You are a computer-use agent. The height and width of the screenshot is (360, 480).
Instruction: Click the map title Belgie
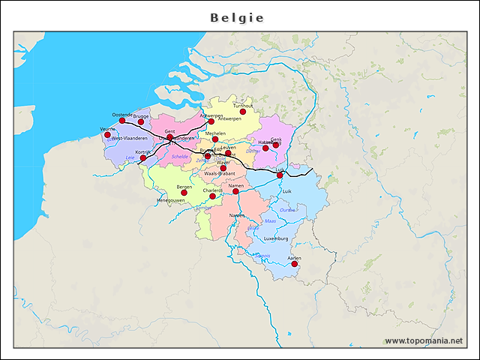237,17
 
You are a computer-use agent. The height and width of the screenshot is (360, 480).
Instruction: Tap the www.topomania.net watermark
424,341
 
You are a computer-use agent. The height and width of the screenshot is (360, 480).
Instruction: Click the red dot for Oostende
122,121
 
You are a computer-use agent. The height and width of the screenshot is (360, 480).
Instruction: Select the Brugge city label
140,116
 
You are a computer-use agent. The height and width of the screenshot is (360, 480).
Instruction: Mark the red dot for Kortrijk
143,158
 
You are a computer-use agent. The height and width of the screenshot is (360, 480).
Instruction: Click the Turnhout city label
243,106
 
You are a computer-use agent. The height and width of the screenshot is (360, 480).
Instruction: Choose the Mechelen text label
215,133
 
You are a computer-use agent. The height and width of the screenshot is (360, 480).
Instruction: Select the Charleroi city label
212,190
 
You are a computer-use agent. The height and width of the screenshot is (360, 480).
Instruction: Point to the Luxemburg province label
276,238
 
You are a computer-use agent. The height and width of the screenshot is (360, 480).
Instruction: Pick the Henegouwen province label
171,201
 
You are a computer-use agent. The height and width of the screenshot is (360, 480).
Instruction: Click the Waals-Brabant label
220,173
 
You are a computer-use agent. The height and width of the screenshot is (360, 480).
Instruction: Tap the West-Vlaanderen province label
130,139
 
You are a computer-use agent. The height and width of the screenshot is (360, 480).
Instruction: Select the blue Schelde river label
180,157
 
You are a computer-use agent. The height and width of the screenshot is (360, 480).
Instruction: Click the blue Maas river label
270,221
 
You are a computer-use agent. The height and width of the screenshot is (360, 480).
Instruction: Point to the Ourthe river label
287,211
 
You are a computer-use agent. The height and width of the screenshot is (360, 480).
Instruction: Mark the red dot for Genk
276,145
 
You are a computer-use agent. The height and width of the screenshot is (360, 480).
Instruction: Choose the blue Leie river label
130,157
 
